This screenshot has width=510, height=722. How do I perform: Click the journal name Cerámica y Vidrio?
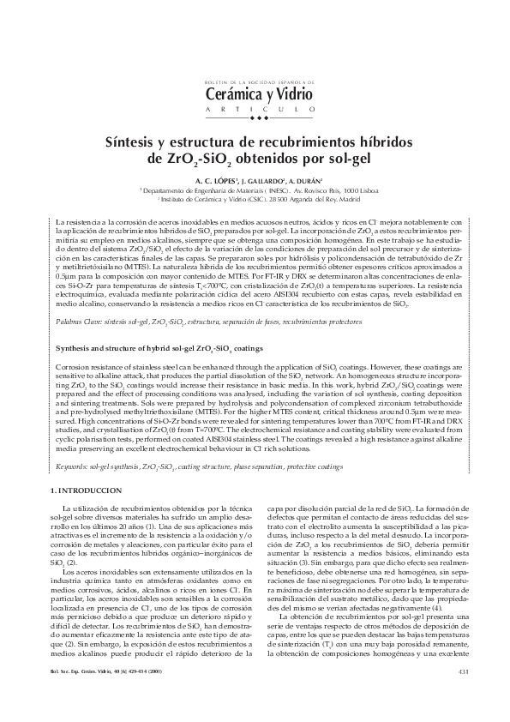coord(254,94)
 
